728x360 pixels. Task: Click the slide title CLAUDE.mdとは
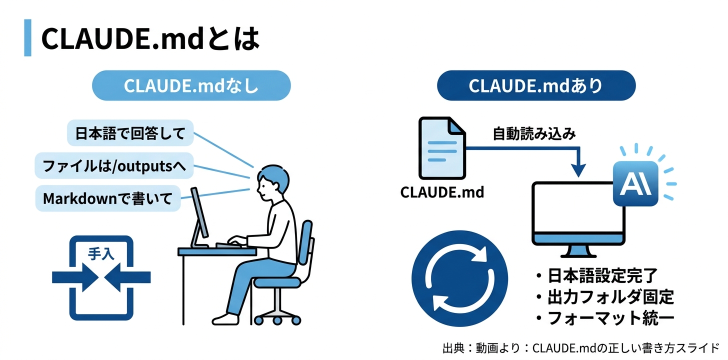pos(150,38)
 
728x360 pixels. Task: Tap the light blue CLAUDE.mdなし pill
pos(191,85)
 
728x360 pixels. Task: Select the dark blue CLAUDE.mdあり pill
pos(536,85)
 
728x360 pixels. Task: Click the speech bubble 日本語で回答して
pos(130,133)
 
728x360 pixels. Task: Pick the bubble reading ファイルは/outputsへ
pos(114,166)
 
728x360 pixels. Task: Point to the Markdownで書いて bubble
pos(107,198)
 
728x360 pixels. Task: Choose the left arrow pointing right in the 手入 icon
pos(75,276)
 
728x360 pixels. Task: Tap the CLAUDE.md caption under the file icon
pos(442,192)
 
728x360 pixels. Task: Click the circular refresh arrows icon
pos(459,278)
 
